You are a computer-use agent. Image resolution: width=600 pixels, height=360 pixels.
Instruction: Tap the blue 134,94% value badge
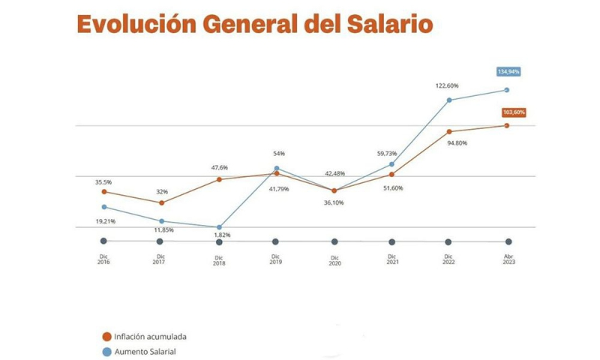(508, 72)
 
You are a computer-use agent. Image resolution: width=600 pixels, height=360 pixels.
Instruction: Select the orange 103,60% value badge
(514, 112)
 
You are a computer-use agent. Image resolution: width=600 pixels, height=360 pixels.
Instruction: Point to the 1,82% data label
(220, 235)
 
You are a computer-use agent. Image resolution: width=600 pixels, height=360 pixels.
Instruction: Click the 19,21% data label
(103, 222)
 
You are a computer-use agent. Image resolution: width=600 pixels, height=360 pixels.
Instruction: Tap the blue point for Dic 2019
(277, 169)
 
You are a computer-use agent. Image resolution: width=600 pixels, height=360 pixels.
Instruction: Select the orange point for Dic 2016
(103, 191)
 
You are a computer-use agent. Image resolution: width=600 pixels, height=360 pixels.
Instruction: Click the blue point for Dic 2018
(219, 227)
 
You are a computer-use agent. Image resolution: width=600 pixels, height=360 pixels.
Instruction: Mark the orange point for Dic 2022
(449, 132)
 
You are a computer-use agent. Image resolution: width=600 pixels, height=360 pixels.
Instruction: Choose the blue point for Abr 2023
(506, 90)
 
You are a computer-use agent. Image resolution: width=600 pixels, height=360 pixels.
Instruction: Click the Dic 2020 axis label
(334, 260)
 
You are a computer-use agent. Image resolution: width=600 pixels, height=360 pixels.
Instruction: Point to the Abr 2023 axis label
(508, 259)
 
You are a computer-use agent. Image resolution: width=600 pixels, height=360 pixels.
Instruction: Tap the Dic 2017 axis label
(159, 259)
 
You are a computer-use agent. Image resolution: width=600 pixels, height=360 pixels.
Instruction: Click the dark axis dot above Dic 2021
(391, 241)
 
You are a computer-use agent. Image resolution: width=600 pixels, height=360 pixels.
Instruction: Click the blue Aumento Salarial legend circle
(106, 351)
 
